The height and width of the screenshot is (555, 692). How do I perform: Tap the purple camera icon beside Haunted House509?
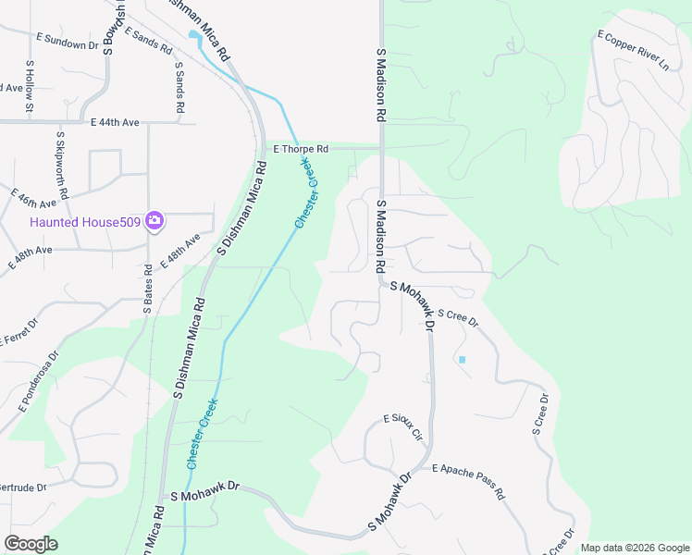tap(155, 221)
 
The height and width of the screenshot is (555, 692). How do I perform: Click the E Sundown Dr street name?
tap(67, 42)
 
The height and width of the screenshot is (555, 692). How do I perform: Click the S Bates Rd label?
tap(147, 290)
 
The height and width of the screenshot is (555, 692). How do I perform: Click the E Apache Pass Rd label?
tap(467, 481)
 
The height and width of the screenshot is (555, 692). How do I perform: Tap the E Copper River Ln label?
tap(633, 51)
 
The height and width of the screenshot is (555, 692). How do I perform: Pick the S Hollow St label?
tap(30, 88)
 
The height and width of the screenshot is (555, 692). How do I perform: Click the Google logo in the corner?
tap(31, 544)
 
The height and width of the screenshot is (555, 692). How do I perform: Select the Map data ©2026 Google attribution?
tap(635, 548)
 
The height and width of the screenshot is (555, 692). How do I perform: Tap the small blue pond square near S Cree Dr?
tap(462, 359)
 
